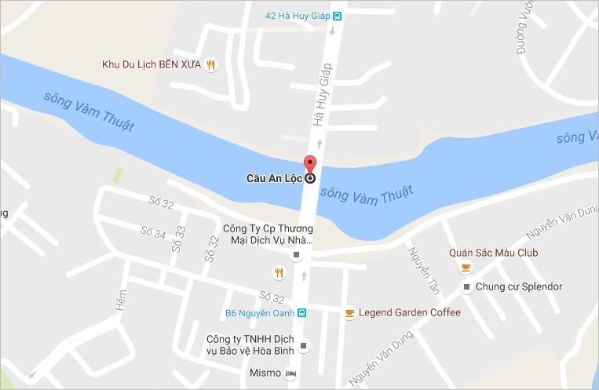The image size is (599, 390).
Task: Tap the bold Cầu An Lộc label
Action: click(274, 178)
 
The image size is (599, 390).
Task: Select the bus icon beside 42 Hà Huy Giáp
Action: click(337, 15)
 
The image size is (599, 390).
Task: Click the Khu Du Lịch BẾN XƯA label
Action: click(152, 64)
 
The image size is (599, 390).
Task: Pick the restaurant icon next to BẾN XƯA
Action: click(210, 65)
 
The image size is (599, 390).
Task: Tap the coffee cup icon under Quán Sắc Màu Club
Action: click(466, 268)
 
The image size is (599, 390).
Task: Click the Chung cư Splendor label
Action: click(519, 286)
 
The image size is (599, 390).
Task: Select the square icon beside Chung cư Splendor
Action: click(466, 286)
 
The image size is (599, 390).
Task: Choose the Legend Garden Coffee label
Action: click(409, 312)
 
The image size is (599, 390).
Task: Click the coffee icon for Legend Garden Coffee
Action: click(349, 313)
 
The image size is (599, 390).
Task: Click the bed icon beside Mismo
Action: click(291, 373)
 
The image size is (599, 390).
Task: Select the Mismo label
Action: click(265, 373)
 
